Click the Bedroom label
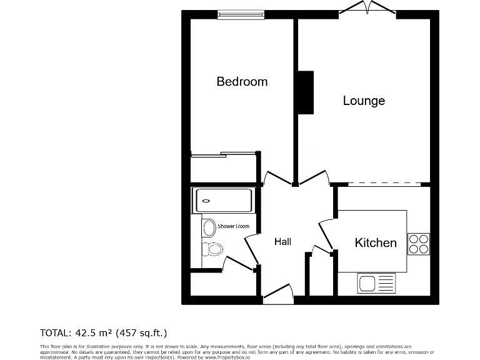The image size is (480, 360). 242,81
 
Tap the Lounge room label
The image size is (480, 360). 364,101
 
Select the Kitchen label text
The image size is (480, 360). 376,242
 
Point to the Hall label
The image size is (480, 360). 282,242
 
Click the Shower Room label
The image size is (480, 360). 234,226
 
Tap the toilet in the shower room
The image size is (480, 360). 212,249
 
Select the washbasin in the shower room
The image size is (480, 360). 209,227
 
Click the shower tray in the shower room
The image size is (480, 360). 223,201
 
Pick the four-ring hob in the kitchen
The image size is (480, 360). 418,243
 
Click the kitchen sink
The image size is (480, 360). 377,283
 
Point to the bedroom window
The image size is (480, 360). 241,14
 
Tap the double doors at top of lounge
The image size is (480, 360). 368,9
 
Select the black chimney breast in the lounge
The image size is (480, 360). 306,92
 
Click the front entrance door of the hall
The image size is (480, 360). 278,294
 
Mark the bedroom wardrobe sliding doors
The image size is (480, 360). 224,154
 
